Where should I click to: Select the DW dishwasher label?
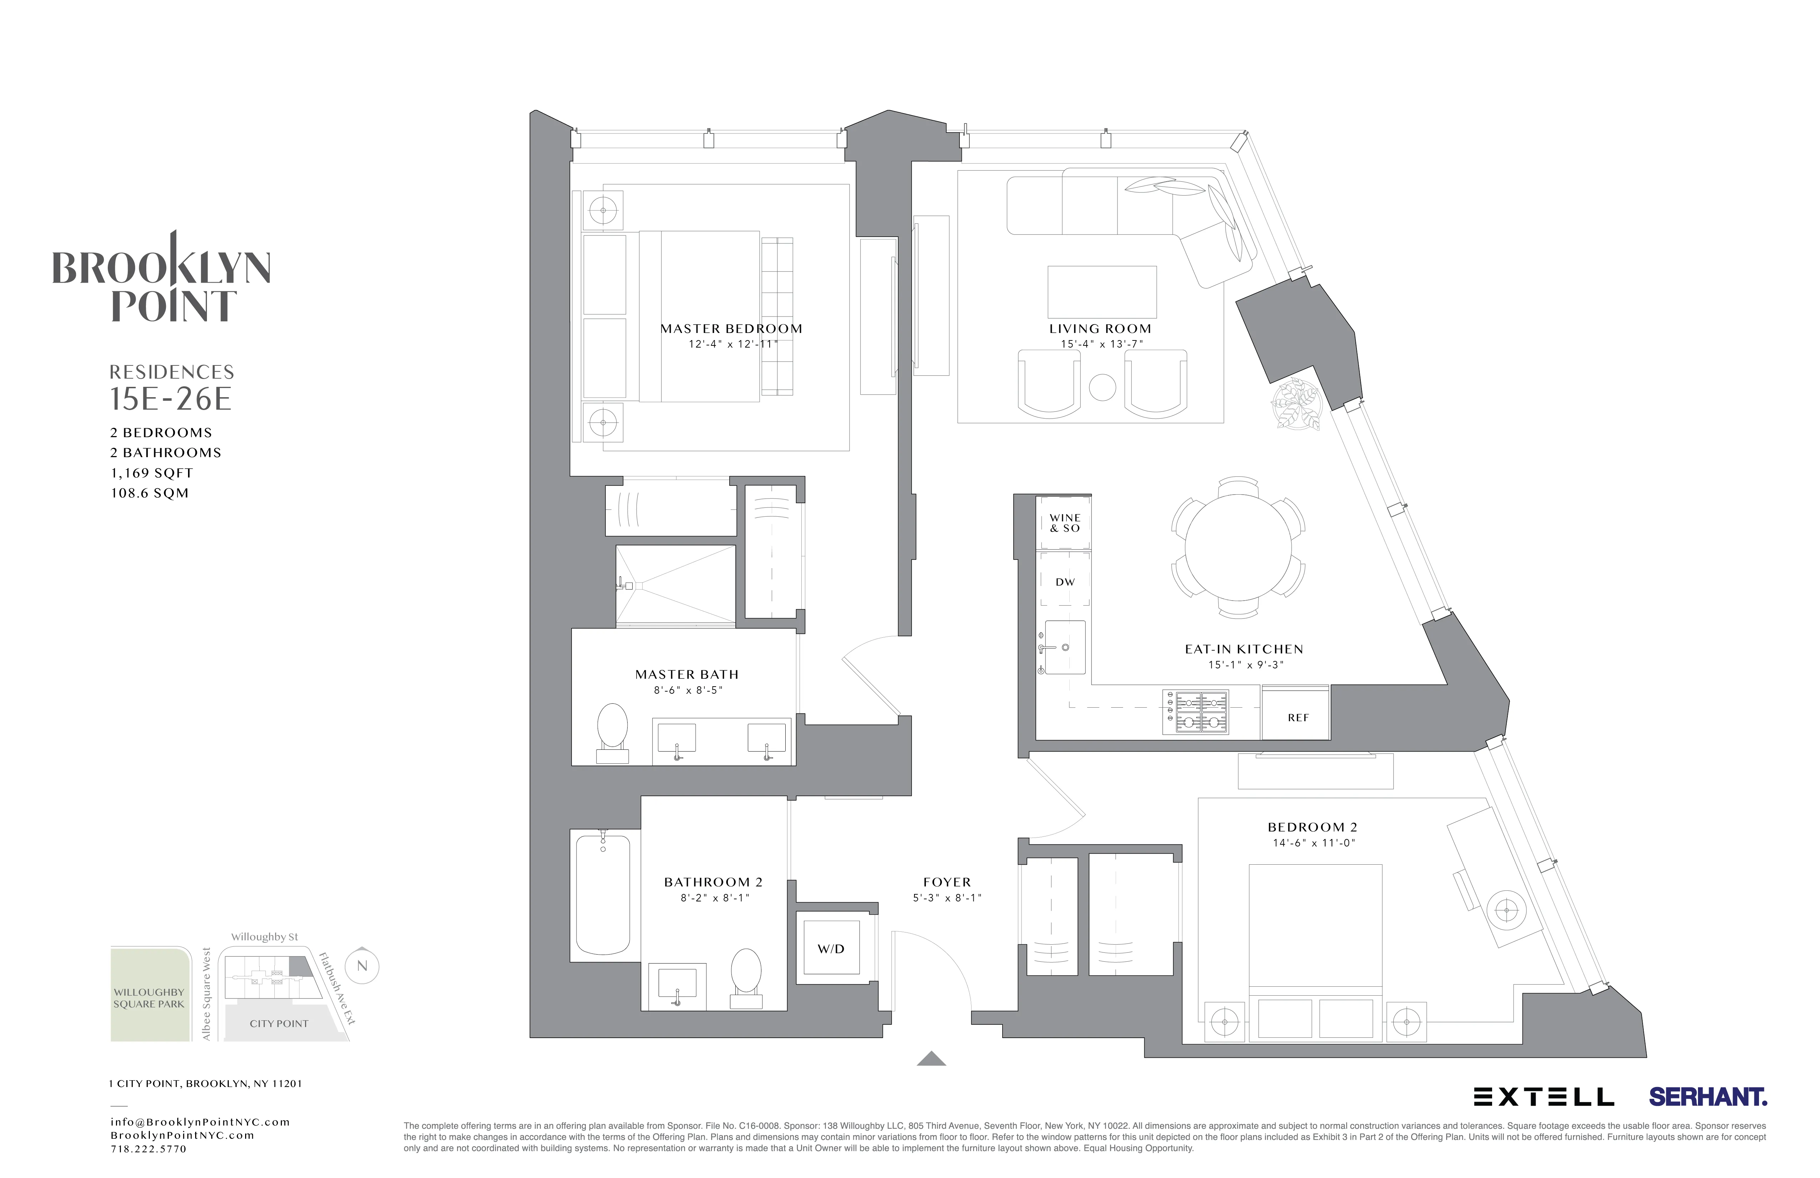pyautogui.click(x=1064, y=582)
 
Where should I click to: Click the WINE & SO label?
pyautogui.click(x=1064, y=523)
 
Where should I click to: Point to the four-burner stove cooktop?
pyautogui.click(x=1195, y=712)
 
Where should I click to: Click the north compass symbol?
pyautogui.click(x=363, y=966)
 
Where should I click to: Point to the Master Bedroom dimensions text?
pyautogui.click(x=732, y=344)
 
